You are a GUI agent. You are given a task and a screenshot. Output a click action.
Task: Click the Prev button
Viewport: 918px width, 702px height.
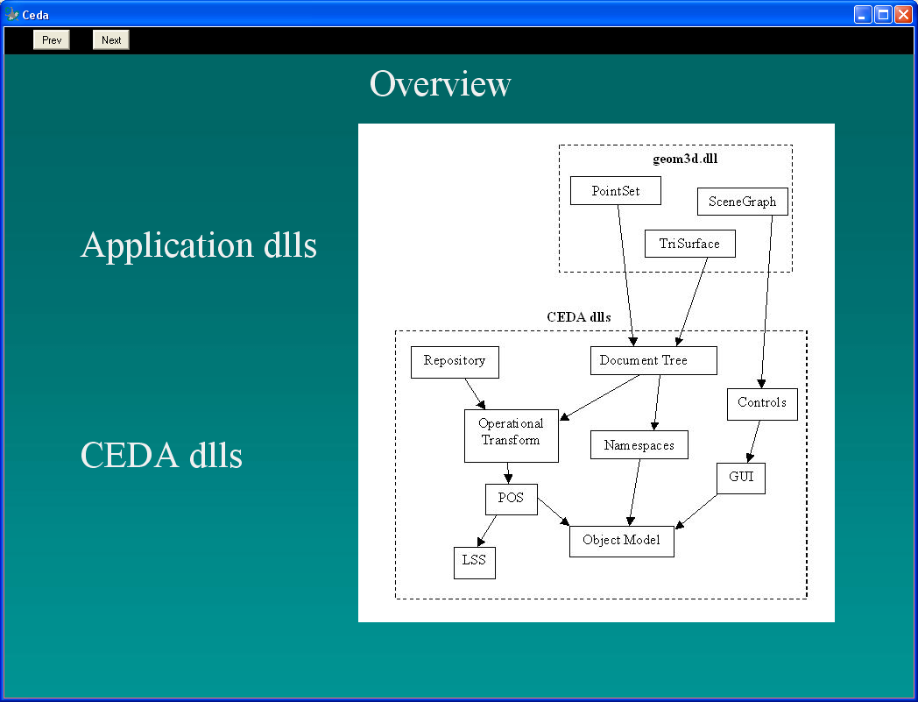[52, 39]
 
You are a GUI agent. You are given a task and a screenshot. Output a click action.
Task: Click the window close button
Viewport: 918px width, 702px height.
[903, 14]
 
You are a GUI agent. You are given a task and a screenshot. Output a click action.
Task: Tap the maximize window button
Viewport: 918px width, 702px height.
[884, 14]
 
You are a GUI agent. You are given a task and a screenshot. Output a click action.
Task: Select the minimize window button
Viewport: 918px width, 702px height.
[863, 14]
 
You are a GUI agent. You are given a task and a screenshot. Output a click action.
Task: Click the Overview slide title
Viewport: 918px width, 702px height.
[441, 84]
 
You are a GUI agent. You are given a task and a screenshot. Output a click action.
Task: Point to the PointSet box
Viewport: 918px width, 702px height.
[615, 190]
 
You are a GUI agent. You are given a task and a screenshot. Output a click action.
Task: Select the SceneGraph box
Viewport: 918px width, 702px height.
[742, 202]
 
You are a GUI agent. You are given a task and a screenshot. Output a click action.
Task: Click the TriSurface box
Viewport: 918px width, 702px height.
[689, 243]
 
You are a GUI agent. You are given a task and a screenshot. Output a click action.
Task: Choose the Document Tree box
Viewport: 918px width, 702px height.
[653, 360]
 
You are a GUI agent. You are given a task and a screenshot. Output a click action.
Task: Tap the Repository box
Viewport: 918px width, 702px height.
[455, 362]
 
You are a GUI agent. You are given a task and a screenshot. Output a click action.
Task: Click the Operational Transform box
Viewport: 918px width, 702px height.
[511, 436]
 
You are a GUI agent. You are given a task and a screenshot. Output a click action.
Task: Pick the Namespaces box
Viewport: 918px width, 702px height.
[639, 444]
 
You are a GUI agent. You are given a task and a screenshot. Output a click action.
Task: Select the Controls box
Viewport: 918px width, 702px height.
[762, 404]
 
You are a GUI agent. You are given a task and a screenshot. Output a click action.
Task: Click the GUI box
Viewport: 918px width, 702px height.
[740, 479]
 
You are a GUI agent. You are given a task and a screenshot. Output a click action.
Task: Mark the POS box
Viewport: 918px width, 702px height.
[511, 500]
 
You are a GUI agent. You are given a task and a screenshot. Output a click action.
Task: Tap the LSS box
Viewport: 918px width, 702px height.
[474, 563]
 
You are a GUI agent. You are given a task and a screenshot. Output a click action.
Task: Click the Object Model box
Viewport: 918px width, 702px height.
[622, 542]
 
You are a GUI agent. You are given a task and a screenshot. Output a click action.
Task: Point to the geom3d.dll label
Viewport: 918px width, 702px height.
[685, 159]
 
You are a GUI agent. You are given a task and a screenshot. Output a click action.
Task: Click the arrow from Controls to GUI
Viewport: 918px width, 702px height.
[753, 441]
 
